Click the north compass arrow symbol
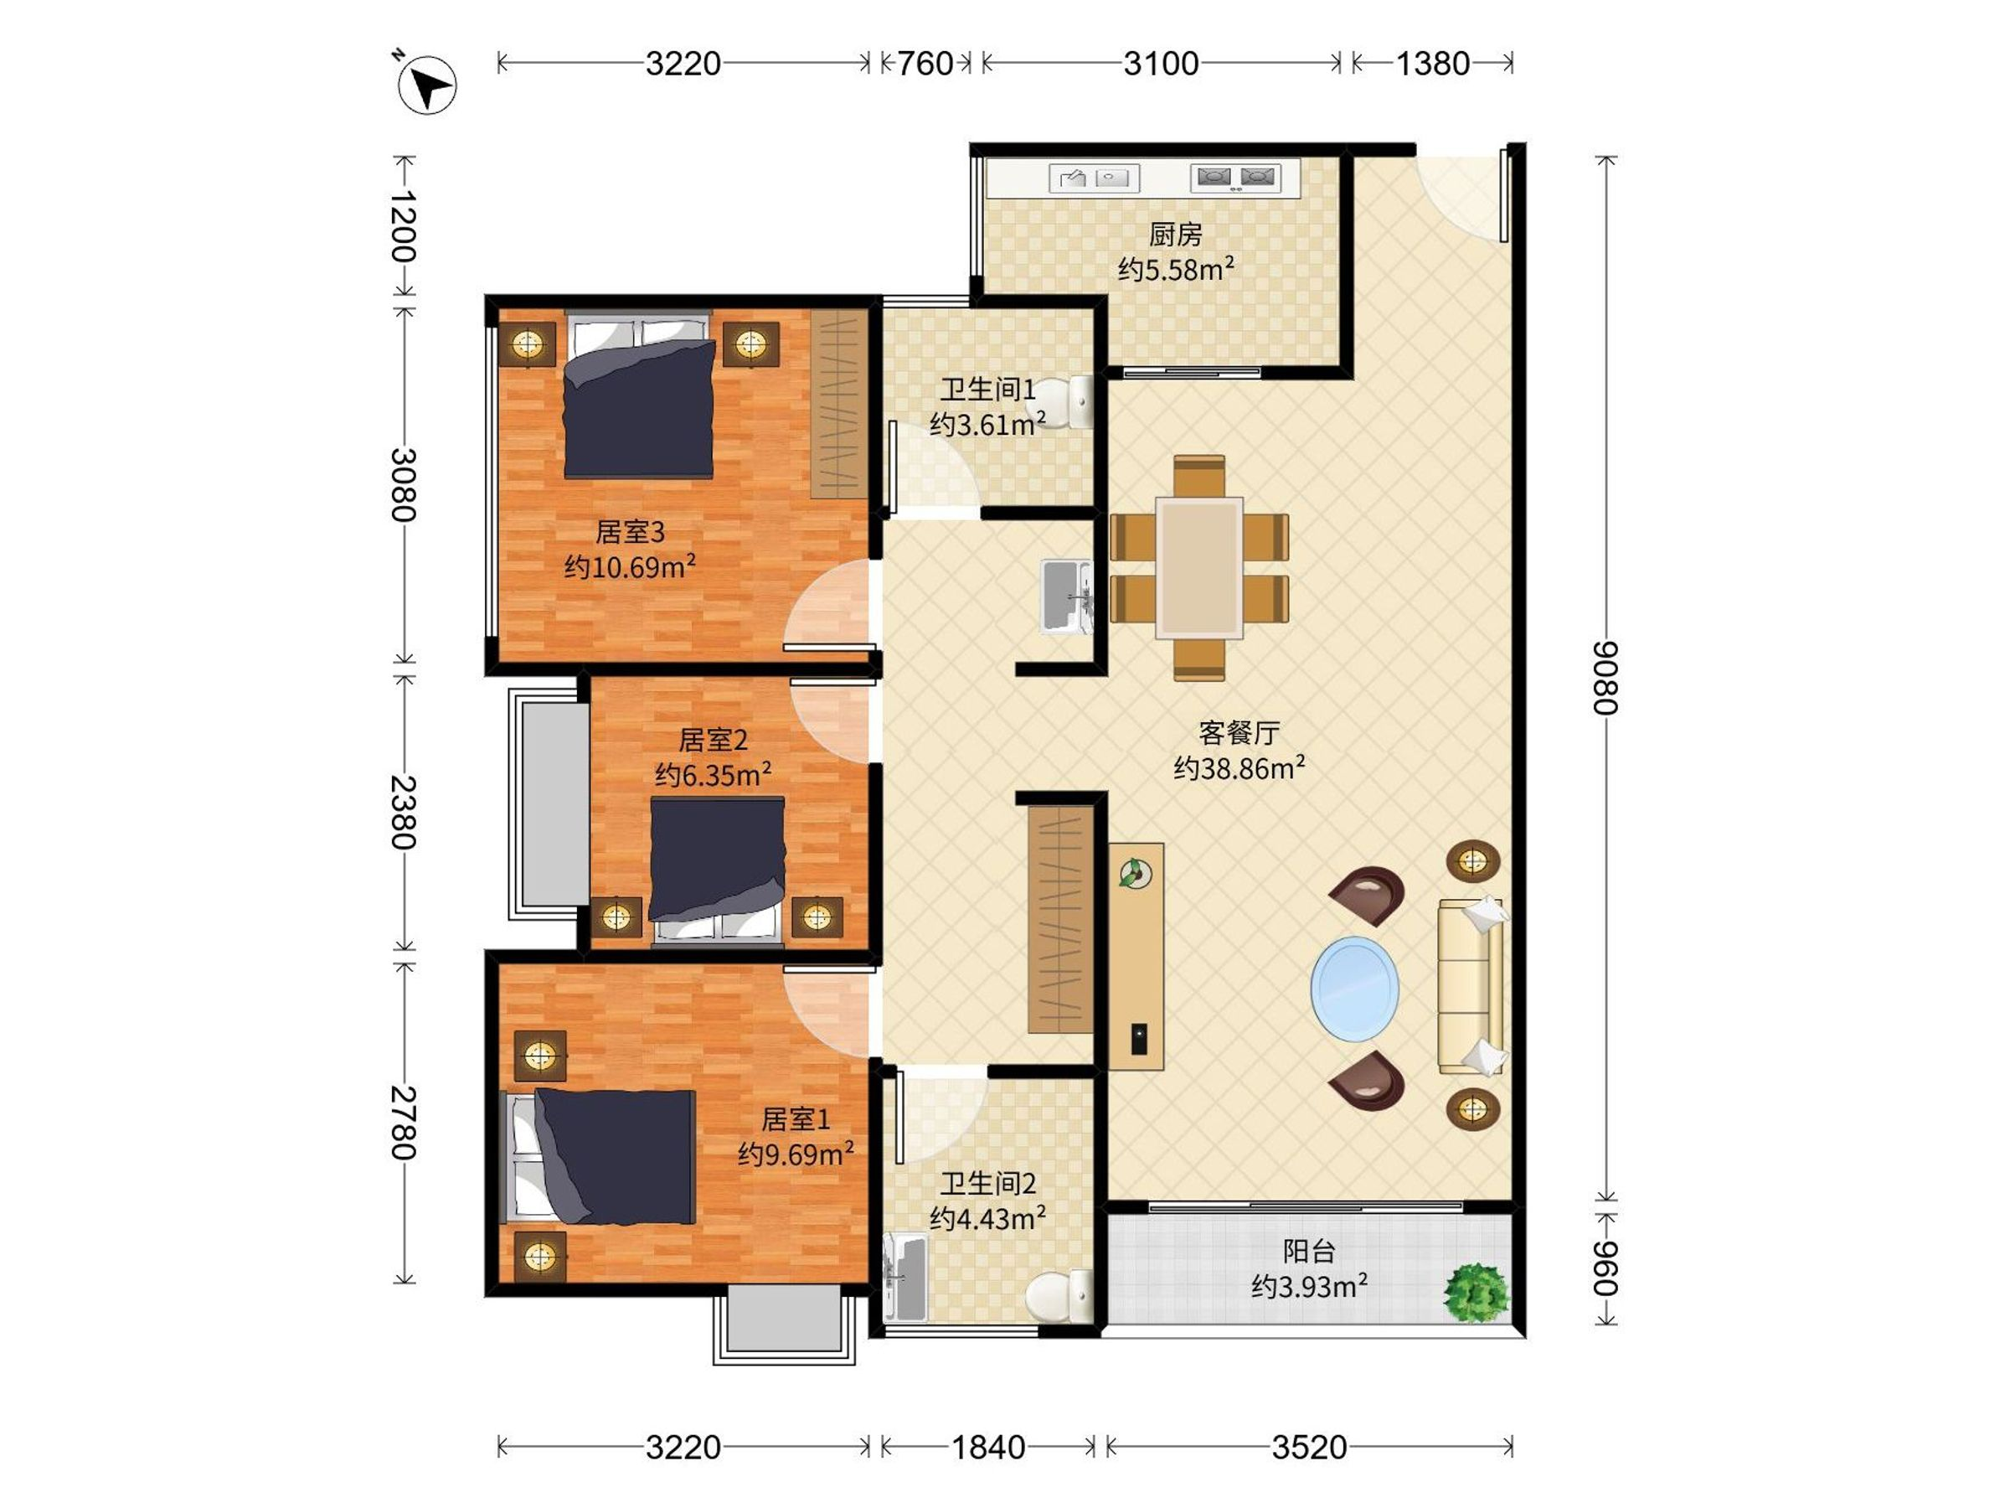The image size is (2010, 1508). click(427, 84)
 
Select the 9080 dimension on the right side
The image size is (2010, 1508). click(1605, 678)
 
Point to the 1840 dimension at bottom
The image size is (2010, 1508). click(987, 1447)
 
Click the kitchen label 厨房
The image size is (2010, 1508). click(1175, 235)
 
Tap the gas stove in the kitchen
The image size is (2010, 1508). click(1236, 178)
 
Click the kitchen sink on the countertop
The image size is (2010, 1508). click(1094, 178)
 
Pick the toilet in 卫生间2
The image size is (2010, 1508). click(1059, 1295)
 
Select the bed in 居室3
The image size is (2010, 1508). click(639, 395)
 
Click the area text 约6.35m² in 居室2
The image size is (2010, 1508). click(714, 774)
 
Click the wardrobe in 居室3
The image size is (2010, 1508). click(837, 405)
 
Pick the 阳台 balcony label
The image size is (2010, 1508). click(1308, 1252)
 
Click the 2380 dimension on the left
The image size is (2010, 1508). click(404, 812)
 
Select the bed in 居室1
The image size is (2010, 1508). click(600, 1156)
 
